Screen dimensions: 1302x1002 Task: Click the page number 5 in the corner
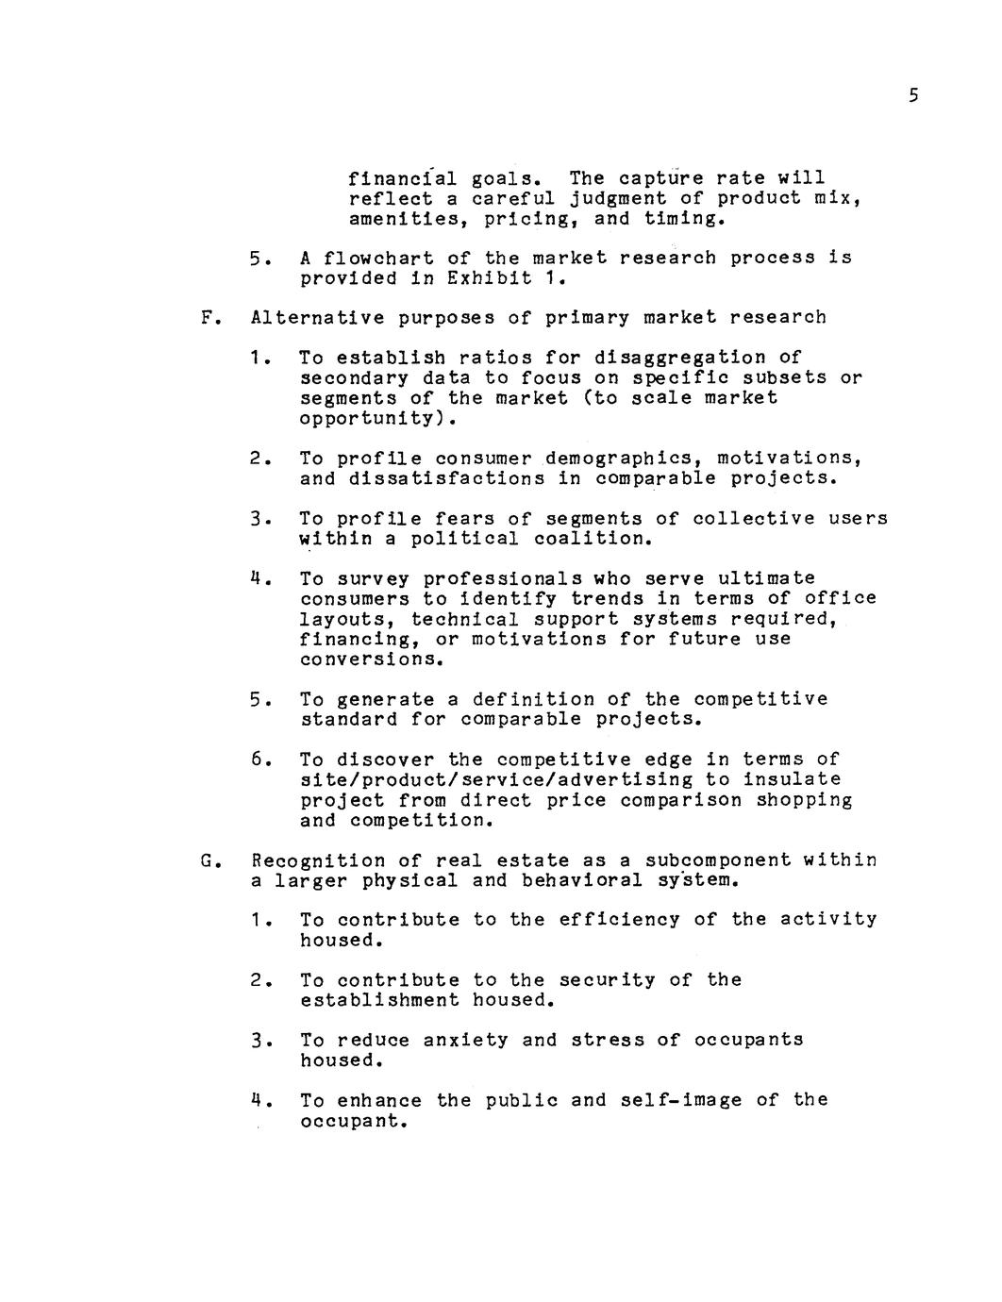click(x=912, y=96)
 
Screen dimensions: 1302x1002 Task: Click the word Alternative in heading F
click(x=318, y=318)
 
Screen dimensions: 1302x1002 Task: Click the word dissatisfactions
click(x=446, y=479)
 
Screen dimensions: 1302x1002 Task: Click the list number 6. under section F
click(x=261, y=760)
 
